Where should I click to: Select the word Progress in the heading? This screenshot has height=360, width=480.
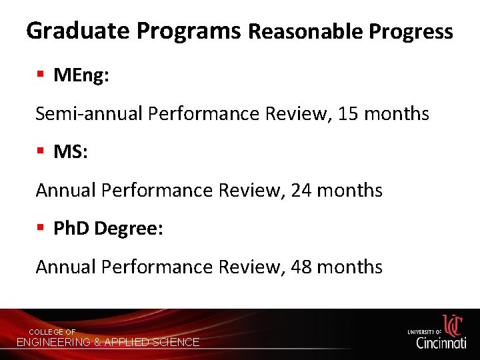pos(411,31)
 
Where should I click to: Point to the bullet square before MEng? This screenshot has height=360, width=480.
pos(41,75)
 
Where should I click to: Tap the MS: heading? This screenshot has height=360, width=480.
pos(71,152)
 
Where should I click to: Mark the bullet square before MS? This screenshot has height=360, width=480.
pos(41,152)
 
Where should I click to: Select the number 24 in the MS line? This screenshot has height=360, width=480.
pos(302,191)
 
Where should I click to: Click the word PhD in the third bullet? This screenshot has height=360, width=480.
pos(71,229)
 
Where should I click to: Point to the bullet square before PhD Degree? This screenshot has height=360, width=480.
pos(41,229)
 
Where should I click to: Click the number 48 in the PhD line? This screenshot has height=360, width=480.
pos(302,267)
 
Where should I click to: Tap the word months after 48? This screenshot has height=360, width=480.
pos(350,267)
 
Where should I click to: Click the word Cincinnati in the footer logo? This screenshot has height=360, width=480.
pos(441,343)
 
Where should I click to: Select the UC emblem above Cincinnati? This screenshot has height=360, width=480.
pos(453,325)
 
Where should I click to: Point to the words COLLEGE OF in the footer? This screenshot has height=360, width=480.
pos(52,332)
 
